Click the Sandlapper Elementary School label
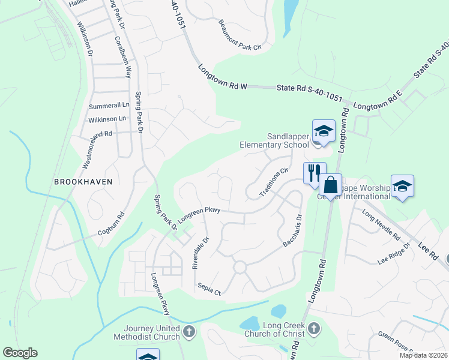pos(274,140)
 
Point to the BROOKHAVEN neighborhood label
pos(83,181)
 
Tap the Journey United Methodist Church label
pos(151,332)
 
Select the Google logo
pos(19,353)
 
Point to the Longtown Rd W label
pos(223,77)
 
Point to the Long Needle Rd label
pos(381,224)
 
